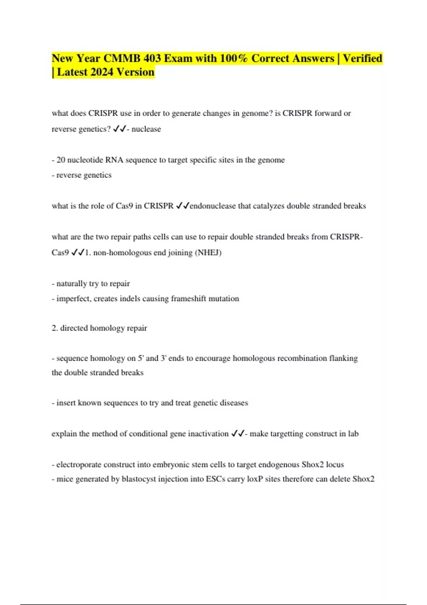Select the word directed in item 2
[74, 328]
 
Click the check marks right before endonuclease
[183, 206]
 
